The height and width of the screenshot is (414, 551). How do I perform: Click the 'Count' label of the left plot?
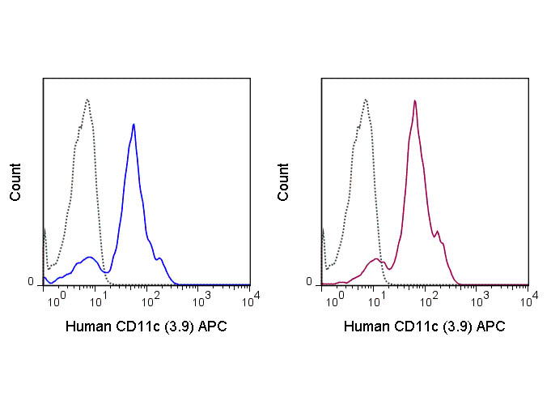(16, 182)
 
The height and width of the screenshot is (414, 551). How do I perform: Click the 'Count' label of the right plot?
(283, 182)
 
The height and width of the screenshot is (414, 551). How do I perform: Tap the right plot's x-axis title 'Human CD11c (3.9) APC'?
(425, 327)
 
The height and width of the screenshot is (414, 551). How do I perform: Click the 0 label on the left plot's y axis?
(32, 282)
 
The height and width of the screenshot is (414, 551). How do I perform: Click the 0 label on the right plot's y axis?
(308, 282)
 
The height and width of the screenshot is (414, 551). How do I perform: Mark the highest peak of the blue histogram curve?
(134, 125)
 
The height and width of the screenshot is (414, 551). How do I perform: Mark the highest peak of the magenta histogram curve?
(414, 101)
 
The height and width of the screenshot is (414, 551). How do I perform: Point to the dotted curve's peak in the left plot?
(87, 100)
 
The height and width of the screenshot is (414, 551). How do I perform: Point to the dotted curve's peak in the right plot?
(366, 100)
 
